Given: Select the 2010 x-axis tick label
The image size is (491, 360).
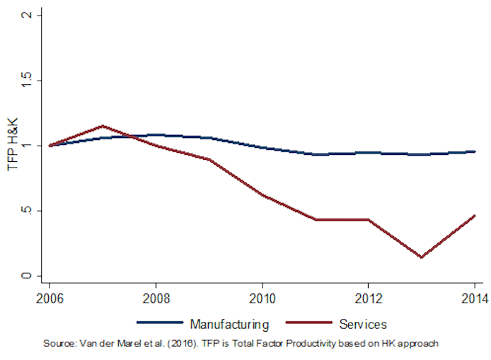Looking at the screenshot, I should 262,297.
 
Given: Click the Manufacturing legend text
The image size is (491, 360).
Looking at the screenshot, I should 229,325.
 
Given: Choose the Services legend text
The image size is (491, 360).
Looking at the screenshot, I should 362,325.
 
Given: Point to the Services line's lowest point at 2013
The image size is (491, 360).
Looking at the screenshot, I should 421,257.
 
